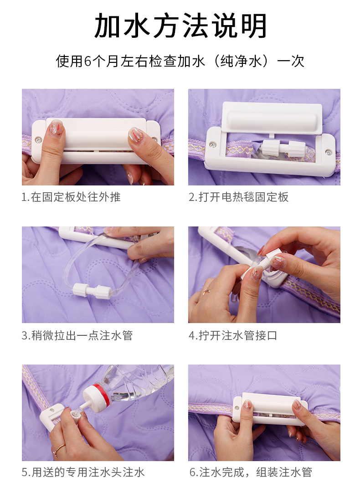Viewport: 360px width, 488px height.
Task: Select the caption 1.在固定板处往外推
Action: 71,197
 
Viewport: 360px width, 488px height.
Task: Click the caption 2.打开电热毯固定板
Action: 238,197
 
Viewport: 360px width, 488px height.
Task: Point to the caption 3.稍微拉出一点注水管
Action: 77,336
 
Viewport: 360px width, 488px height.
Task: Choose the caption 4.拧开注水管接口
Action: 233,336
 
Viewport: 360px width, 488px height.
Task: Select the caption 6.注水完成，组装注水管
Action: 250,473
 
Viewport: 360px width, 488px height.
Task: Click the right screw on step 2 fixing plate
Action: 328,152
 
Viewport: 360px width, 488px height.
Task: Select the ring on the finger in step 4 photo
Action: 206,291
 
